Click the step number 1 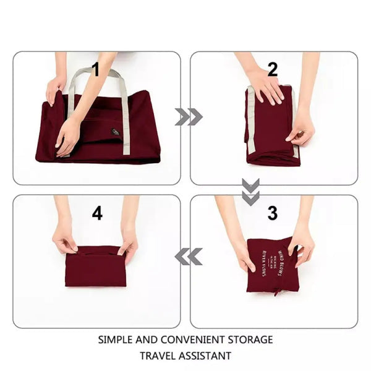95,70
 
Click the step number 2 273,69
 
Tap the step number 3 272,213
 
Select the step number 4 97,213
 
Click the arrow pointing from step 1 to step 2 188,116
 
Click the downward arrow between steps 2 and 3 250,192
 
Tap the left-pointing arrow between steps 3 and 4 188,256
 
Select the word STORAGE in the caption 250,339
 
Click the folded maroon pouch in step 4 96,267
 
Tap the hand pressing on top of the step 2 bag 267,87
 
